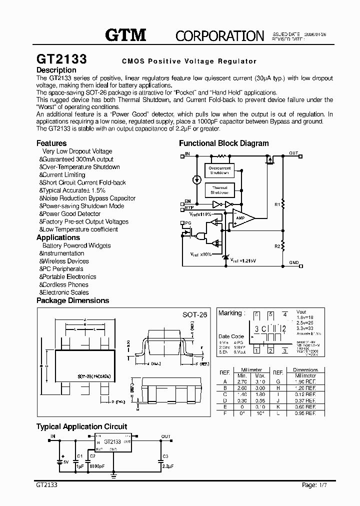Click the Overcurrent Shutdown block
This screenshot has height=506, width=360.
tap(219, 170)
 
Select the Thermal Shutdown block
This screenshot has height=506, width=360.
tap(219, 190)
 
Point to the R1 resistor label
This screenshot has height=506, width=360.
tap(277, 204)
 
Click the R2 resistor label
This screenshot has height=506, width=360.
tap(277, 246)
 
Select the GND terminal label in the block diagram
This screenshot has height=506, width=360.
tap(293, 262)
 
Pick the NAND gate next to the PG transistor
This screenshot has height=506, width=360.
tap(202, 235)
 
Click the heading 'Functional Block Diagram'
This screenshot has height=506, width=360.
tap(223, 143)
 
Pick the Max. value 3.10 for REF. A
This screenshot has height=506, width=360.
tap(260, 381)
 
